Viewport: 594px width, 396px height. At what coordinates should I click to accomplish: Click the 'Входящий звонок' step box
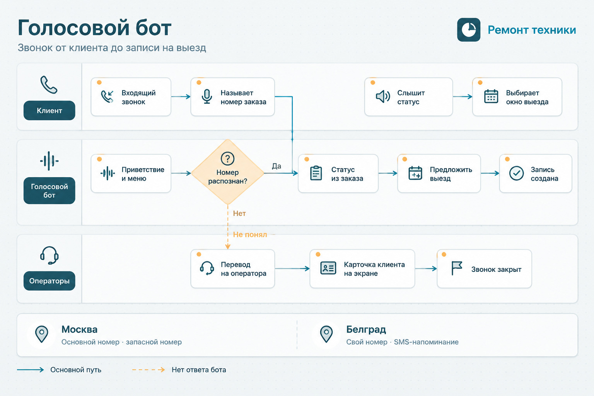click(x=131, y=97)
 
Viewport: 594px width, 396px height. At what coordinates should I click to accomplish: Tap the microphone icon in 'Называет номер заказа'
click(x=207, y=97)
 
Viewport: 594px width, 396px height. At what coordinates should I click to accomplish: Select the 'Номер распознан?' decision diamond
click(x=227, y=172)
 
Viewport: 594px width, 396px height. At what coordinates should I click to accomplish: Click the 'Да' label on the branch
click(x=277, y=166)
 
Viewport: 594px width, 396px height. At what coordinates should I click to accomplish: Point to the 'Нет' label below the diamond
click(x=239, y=213)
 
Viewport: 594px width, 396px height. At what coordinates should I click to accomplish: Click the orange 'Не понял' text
click(x=250, y=234)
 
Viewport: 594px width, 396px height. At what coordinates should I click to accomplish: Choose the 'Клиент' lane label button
click(x=49, y=110)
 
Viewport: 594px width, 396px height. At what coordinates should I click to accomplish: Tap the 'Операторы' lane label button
click(x=49, y=281)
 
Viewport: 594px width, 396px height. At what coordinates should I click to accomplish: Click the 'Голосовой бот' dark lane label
click(x=49, y=190)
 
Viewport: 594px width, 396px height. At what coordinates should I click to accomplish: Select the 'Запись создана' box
click(x=535, y=174)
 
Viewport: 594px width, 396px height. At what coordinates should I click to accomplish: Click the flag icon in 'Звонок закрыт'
click(x=457, y=268)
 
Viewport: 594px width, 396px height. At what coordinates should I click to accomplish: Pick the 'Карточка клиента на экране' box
click(x=362, y=269)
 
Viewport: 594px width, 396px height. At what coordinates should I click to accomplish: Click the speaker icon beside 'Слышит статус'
click(x=383, y=97)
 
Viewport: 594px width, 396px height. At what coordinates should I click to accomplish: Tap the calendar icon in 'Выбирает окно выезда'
click(x=491, y=96)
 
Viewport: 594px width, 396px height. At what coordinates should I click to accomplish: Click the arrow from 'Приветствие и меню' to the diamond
click(x=181, y=173)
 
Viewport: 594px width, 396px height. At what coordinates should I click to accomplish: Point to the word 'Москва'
click(x=80, y=329)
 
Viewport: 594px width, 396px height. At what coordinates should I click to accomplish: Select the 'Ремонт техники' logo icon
click(x=469, y=30)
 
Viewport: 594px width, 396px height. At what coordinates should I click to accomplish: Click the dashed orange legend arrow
click(x=148, y=370)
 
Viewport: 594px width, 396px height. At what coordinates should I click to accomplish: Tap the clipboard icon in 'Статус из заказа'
click(x=316, y=173)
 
